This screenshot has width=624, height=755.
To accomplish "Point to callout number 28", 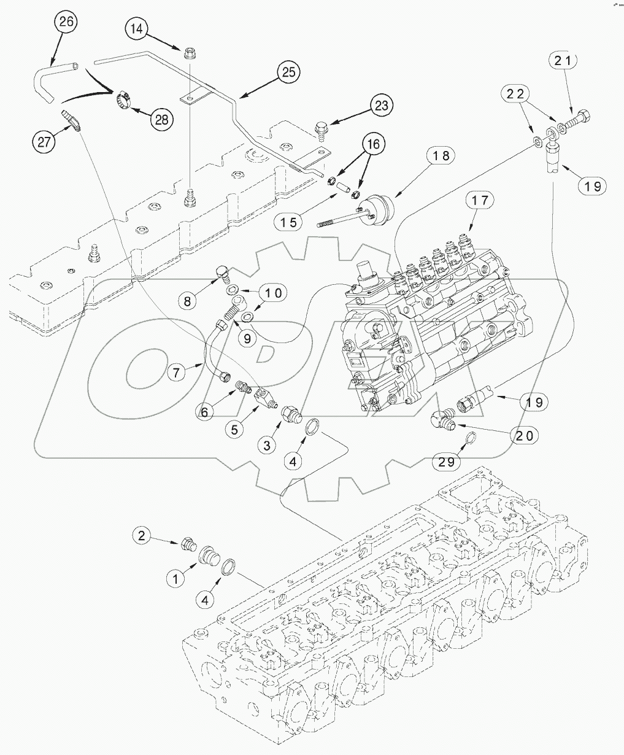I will (161, 119).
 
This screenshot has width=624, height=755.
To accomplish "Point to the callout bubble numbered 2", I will (142, 536).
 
